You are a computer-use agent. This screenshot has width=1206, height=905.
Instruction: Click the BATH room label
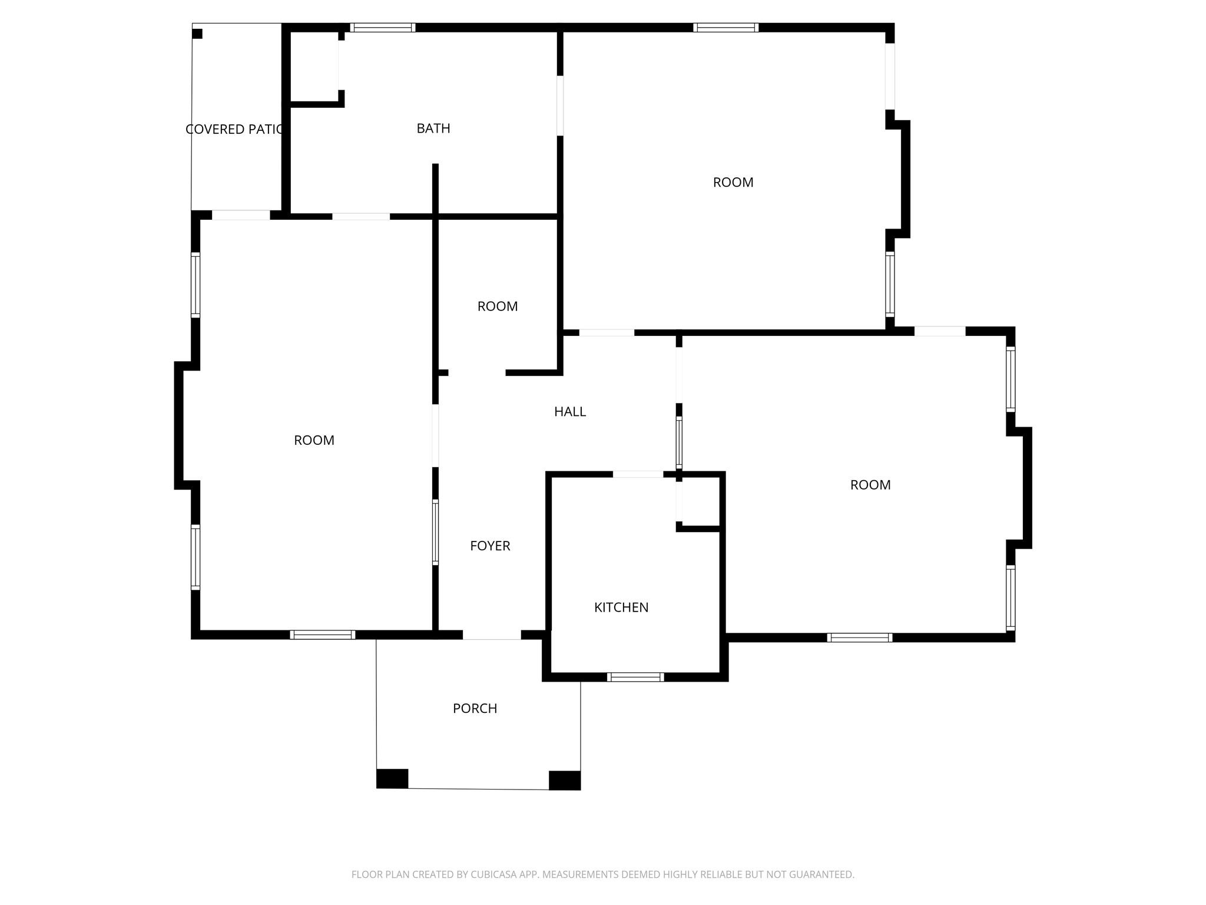coord(433,128)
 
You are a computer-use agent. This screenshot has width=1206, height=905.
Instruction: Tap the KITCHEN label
coord(621,607)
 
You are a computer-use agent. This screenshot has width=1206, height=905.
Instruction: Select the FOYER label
coord(489,546)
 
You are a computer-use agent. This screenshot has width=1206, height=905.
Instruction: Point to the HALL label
coord(569,412)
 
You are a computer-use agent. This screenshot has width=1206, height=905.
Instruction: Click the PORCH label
coord(475,709)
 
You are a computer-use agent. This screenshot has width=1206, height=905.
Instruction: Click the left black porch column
coord(392,778)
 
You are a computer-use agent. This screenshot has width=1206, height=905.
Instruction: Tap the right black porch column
coord(564,780)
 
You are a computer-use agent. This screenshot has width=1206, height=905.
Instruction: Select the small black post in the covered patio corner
coord(197,34)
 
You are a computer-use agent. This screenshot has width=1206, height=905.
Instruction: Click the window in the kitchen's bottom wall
coord(635,677)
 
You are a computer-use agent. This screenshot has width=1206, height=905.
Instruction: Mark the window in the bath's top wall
coord(383,28)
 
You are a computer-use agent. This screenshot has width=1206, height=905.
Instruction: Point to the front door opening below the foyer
coord(492,635)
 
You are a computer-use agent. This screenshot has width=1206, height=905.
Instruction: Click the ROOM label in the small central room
coord(497,306)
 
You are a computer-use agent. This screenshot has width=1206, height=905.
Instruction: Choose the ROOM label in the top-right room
coord(733,183)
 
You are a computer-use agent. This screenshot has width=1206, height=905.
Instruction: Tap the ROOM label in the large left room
coord(314,440)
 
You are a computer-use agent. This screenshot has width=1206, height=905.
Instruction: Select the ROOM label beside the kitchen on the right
coord(870,485)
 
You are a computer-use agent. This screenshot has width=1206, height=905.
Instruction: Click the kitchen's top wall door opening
coord(638,474)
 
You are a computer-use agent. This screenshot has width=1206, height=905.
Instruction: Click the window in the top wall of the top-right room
coord(725,28)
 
